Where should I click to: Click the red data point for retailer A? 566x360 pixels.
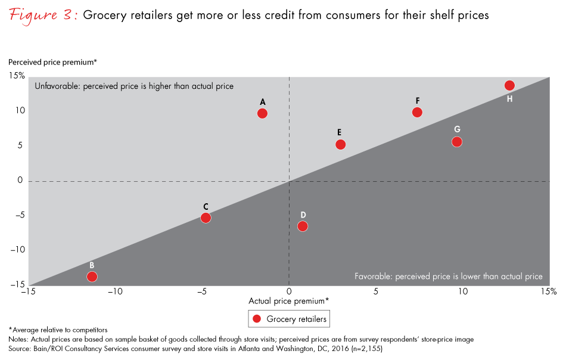coord(262,113)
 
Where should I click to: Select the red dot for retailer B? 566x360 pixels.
coord(92,276)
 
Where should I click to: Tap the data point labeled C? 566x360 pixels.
coord(206,218)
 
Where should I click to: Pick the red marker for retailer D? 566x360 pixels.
coord(303,226)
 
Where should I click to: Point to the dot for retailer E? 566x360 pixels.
coord(340,144)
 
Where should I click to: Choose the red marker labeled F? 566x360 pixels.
coord(417,112)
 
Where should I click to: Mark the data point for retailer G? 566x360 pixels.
coord(457,141)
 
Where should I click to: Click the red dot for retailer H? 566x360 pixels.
coord(509,85)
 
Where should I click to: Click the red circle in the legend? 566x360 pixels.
coord(257,319)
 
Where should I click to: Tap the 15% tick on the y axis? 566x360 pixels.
coord(17,76)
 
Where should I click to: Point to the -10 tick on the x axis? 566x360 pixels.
coord(115,292)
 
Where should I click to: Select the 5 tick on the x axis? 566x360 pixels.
coord(376,292)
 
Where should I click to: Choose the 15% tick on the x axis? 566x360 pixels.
coord(549,292)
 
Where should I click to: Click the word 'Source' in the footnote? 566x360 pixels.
coord(20,347)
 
